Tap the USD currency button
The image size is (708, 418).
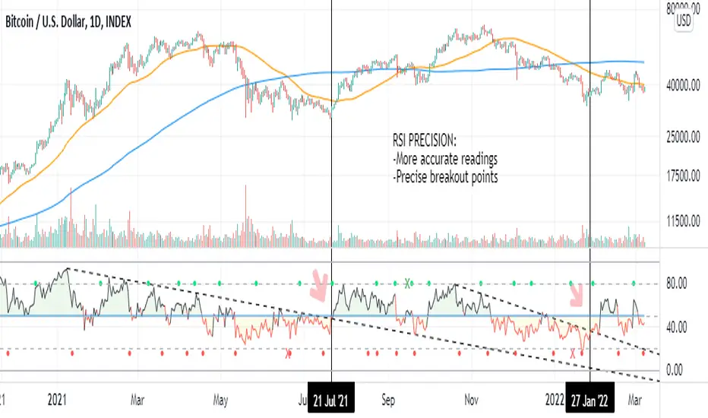click(x=683, y=22)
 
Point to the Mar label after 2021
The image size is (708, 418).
click(x=137, y=397)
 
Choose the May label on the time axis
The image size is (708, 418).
click(x=221, y=397)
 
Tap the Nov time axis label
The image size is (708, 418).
click(x=472, y=397)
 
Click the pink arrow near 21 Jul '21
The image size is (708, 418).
click(x=321, y=287)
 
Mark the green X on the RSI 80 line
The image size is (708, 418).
click(x=407, y=283)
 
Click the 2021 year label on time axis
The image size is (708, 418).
click(x=57, y=397)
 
